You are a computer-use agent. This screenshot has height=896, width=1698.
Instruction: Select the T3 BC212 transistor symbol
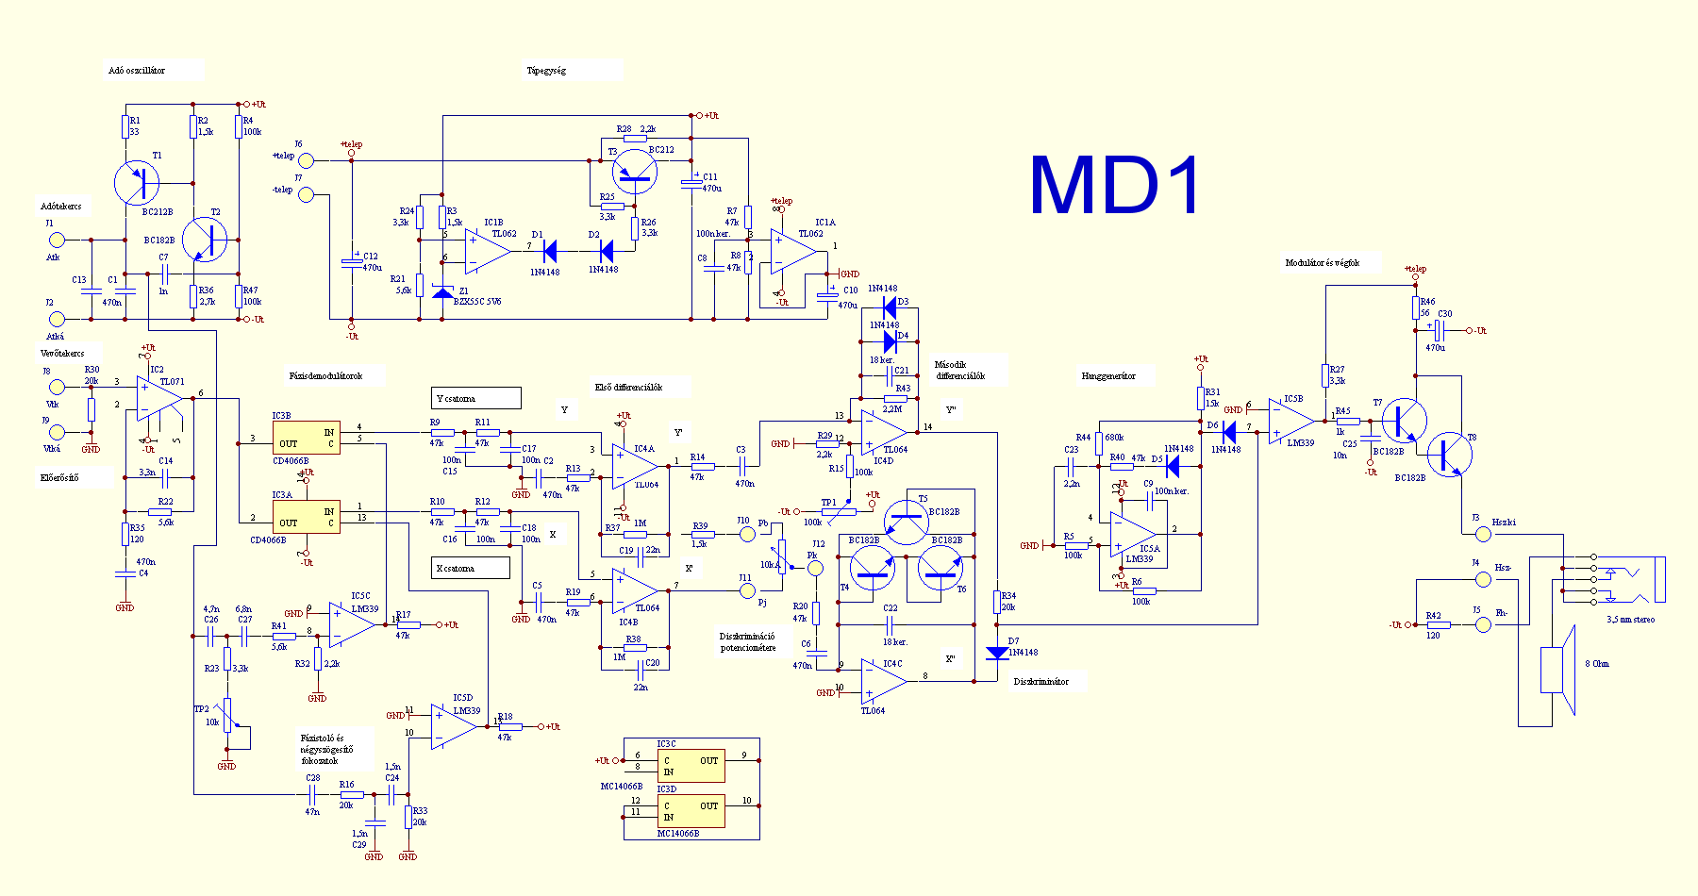tap(635, 172)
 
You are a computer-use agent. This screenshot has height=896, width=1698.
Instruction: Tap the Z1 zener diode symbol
tap(442, 291)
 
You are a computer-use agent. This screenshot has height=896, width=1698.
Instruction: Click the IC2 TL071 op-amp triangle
tap(158, 399)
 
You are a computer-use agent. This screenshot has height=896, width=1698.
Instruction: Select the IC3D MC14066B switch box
tap(691, 811)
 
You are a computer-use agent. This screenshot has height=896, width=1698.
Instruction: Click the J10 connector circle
tap(747, 534)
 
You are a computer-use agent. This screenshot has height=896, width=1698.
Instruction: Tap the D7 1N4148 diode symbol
tap(997, 653)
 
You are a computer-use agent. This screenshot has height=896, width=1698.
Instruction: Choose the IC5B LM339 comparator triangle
tap(1290, 421)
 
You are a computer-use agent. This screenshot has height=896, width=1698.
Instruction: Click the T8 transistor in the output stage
tap(1448, 454)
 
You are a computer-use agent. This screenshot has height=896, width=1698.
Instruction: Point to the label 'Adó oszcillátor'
tap(137, 71)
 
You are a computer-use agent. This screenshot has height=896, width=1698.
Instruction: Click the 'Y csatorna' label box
tap(475, 398)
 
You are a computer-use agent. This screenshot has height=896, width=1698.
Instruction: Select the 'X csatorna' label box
tap(471, 568)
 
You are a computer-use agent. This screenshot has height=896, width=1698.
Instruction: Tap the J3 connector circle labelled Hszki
tap(1483, 534)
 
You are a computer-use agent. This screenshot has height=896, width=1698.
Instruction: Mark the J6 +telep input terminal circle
tap(306, 161)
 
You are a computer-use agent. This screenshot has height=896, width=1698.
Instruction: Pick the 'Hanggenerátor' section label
tap(1108, 375)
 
